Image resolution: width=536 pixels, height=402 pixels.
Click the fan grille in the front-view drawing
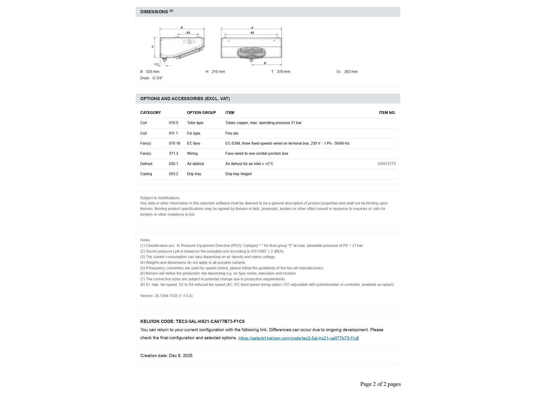[x=251, y=53]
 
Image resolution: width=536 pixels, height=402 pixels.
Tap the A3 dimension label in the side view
[x=188, y=32]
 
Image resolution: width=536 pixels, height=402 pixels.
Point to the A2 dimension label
[x=252, y=32]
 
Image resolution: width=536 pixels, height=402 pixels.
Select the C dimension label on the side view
[x=153, y=47]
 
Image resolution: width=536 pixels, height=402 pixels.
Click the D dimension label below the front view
[x=265, y=63]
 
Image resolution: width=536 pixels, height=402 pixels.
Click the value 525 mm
[x=152, y=72]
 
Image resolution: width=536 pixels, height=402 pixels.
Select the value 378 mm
[x=283, y=72]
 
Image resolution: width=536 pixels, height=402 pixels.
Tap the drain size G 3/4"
[x=157, y=78]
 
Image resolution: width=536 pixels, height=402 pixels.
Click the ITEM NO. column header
[x=387, y=113]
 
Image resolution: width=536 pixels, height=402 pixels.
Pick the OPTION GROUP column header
[x=201, y=113]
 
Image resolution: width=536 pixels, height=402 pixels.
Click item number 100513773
[x=386, y=164]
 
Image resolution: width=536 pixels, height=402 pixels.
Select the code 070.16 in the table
[x=174, y=143]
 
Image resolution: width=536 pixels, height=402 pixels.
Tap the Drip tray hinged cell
[x=238, y=174]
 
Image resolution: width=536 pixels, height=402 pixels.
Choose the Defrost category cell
[x=146, y=164]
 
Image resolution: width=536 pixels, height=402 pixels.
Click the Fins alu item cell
[x=232, y=133]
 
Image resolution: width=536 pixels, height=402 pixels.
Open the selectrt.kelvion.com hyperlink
[x=298, y=338]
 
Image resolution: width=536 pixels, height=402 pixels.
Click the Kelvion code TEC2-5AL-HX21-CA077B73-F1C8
[x=210, y=321]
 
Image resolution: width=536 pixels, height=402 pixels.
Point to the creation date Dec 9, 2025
[x=181, y=355]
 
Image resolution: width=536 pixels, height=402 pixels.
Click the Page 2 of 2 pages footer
[x=380, y=384]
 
